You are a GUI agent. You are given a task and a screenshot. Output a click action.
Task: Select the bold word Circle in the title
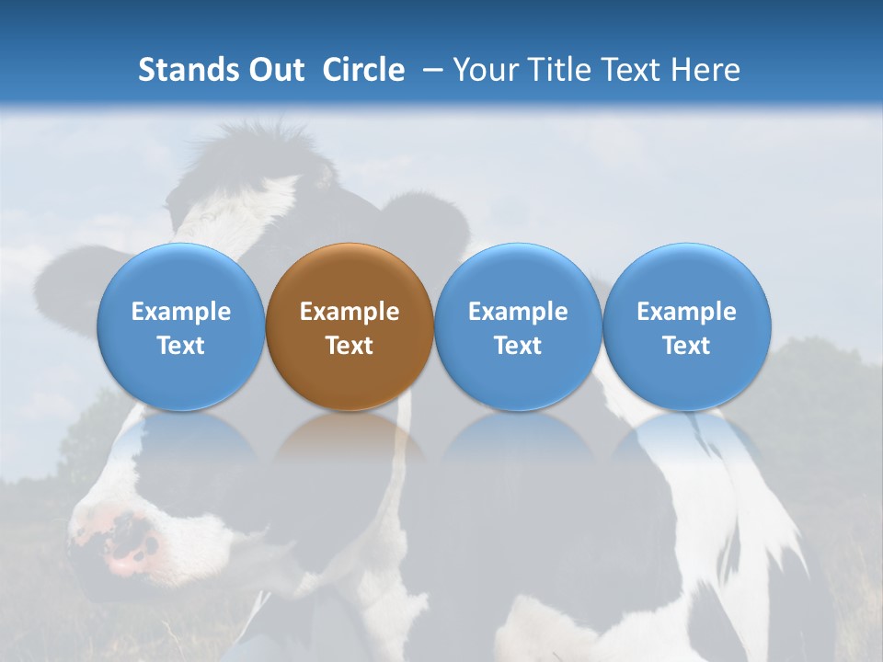[x=363, y=70]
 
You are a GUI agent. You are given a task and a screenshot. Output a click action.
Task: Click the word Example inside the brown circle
[x=350, y=312]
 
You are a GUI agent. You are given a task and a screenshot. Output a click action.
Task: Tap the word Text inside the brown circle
[x=350, y=346]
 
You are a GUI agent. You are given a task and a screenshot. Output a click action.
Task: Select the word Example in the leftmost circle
[x=180, y=312]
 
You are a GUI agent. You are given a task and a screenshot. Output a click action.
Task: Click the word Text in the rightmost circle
[x=686, y=346]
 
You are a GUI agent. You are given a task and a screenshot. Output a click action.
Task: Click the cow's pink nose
[x=124, y=542]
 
